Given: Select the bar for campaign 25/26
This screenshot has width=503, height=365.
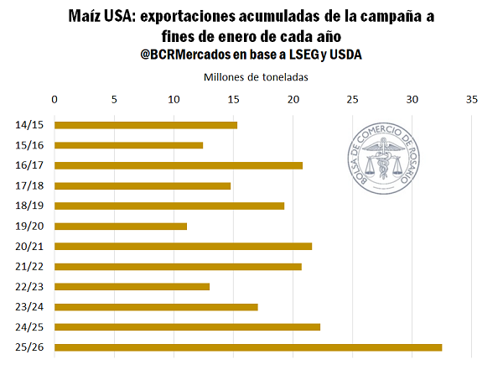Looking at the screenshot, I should coord(248,347).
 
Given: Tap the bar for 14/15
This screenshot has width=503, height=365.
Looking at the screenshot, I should coord(146,125).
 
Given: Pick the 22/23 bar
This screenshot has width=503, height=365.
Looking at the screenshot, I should coord(132,286).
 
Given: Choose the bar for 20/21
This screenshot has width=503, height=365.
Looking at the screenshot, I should coord(183,246).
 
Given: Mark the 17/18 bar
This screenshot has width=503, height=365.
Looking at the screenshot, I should coord(143,185).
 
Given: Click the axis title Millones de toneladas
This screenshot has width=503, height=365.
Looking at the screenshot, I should coord(257,76).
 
